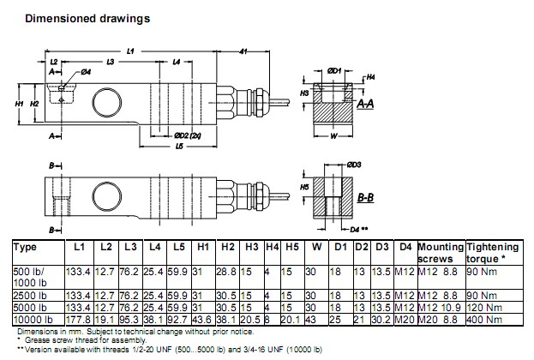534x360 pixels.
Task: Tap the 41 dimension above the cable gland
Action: click(243, 53)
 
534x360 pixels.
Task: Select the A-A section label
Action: click(364, 104)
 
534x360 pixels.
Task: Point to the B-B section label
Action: click(365, 198)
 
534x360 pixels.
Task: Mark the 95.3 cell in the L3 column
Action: click(131, 318)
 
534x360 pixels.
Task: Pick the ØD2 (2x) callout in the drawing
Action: click(187, 136)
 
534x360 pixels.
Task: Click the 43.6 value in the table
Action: click(204, 318)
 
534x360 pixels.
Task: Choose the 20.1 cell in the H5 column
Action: click(291, 318)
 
